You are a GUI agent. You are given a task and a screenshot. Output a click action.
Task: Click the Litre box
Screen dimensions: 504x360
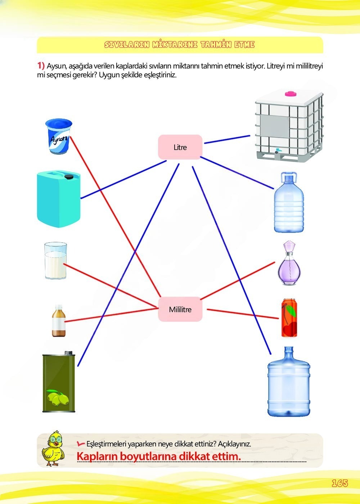click(x=180, y=147)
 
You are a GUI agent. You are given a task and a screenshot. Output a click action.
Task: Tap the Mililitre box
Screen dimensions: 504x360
click(x=180, y=309)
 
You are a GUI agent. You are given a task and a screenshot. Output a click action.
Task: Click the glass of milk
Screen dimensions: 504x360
click(x=55, y=261)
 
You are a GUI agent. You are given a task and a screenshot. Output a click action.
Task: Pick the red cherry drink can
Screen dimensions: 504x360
click(x=289, y=318)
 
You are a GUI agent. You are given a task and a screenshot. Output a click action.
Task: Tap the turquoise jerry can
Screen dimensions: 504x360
click(x=59, y=200)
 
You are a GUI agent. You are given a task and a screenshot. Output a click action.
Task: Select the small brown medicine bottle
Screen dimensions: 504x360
click(x=59, y=321)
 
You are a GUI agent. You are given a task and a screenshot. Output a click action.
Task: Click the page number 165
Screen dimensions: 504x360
click(x=339, y=483)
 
